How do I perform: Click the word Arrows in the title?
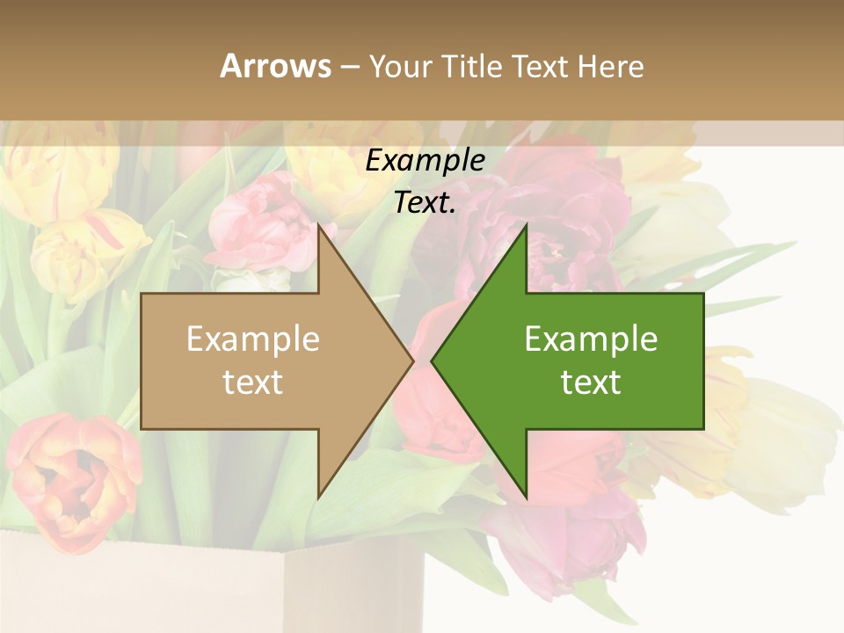tap(275, 66)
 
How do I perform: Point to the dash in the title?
tap(349, 67)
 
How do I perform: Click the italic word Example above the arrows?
tap(425, 161)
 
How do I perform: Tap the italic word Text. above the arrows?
tap(425, 203)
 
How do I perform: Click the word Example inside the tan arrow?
tap(252, 339)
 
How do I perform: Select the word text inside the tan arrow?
tap(252, 382)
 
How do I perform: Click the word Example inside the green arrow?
tap(591, 339)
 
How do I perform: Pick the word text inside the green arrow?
tap(591, 382)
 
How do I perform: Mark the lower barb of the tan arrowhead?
tap(320, 493)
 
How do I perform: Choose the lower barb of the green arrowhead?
tap(525, 493)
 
